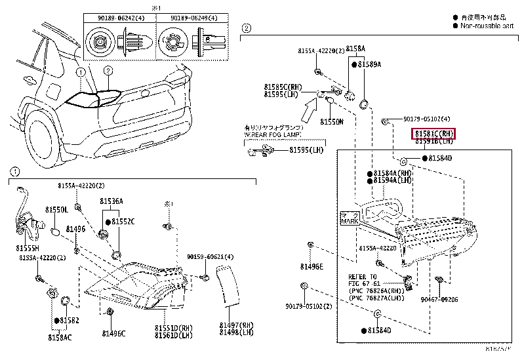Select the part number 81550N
pyautogui.click(x=332, y=122)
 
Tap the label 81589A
pyautogui.click(x=370, y=64)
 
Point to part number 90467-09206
pyautogui.click(x=458, y=298)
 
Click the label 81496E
pyautogui.click(x=311, y=266)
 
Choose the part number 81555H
pyautogui.click(x=28, y=249)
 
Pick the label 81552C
pyautogui.click(x=123, y=222)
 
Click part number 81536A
pyautogui.click(x=111, y=201)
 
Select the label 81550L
pyautogui.click(x=56, y=209)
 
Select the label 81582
pyautogui.click(x=70, y=320)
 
